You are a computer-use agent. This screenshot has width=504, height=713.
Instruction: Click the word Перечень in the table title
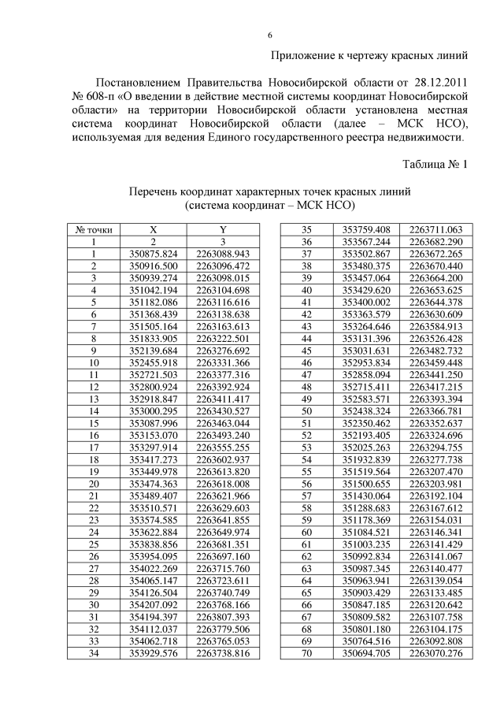click(157, 191)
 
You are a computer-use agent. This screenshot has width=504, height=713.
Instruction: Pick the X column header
click(154, 230)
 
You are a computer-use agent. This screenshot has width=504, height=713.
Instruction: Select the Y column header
click(223, 230)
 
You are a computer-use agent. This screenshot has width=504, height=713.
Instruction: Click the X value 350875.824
click(154, 254)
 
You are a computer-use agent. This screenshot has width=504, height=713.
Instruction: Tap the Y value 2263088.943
click(223, 254)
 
